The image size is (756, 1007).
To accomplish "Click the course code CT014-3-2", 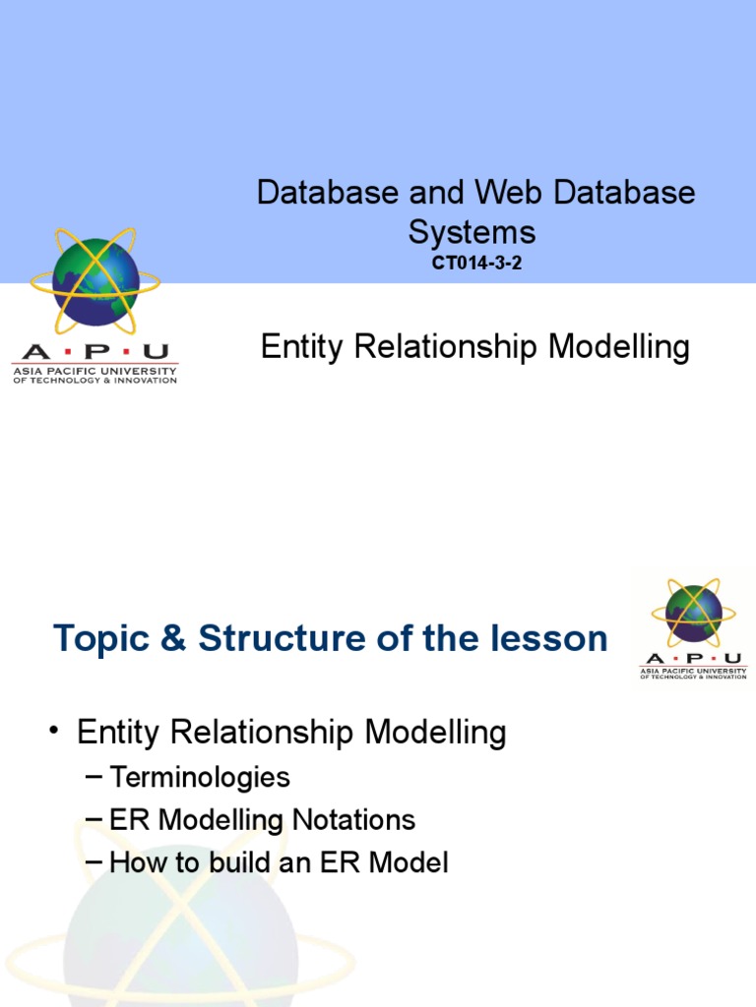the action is point(476,263).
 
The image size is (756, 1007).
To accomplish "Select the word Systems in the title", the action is point(472,232).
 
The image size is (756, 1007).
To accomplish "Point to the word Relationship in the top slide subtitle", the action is point(446,347).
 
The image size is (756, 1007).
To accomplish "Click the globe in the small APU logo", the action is point(694,611).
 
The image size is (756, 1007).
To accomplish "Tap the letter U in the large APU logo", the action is point(156,352).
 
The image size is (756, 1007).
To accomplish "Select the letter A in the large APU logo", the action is point(36,352).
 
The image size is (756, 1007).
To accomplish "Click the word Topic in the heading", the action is point(101,639).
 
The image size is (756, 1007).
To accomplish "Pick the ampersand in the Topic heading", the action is point(173,638).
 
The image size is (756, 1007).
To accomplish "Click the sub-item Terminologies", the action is point(200,777).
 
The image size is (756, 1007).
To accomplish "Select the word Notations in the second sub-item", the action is point(353,819).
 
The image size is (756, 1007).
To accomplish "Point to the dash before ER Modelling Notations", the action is point(94,819).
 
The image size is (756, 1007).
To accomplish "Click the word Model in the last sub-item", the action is point(409,861).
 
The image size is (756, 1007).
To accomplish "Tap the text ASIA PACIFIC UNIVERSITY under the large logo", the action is point(95,371).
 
